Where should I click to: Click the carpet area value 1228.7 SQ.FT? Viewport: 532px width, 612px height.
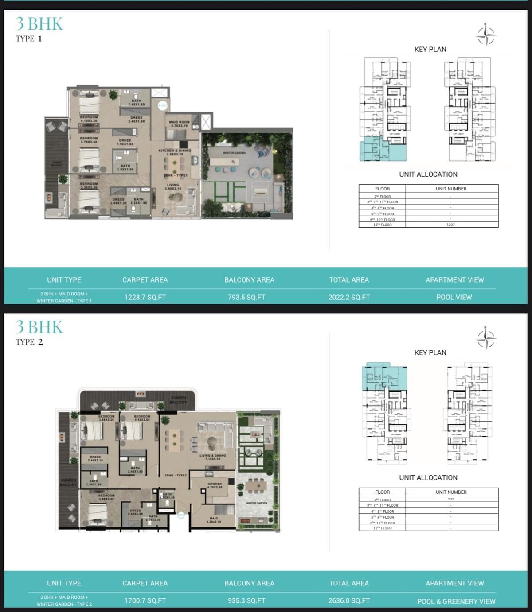coord(145,297)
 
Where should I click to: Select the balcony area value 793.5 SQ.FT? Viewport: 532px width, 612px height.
coord(246,297)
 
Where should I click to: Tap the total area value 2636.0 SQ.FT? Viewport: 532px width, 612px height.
coord(349,600)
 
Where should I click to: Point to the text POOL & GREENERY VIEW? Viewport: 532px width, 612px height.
coord(456,601)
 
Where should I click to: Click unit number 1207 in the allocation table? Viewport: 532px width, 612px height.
coord(450,225)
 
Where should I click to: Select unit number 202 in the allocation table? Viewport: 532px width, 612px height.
coord(450,499)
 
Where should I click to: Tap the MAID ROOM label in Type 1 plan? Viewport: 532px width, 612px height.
coord(179,124)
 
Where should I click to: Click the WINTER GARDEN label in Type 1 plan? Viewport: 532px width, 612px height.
coord(234,153)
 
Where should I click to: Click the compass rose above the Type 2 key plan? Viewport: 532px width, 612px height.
coord(486,338)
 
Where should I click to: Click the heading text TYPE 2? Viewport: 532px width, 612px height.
coord(29,342)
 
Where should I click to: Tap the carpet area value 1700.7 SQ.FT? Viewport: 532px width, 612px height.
coord(145,600)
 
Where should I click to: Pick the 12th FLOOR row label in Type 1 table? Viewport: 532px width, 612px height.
coord(382,225)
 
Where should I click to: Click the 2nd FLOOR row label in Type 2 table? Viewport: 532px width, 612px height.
coord(382,500)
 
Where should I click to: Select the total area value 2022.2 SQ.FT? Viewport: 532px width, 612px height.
coord(349,297)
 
